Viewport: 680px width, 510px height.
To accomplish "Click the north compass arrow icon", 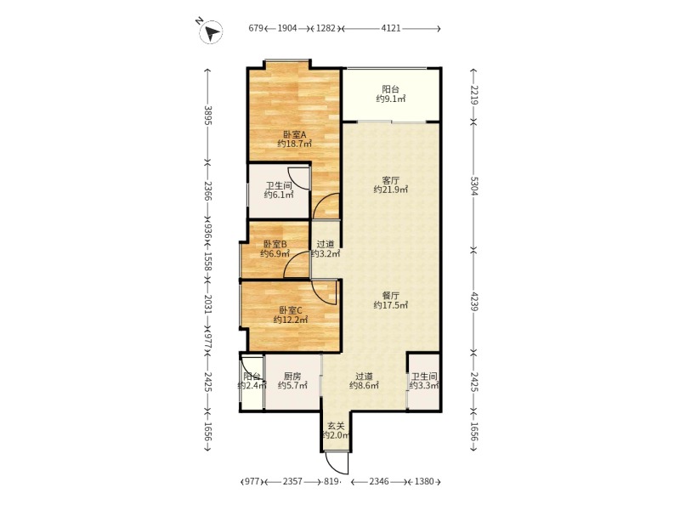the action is pos(211,32).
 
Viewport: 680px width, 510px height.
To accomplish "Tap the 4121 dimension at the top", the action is pos(391,28).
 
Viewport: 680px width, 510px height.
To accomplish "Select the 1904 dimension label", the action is pos(287,28).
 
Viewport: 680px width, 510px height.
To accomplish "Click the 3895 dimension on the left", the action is pos(207,116).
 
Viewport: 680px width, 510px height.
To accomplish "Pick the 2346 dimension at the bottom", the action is pos(379,481).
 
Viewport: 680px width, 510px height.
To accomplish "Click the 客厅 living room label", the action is pos(391,180).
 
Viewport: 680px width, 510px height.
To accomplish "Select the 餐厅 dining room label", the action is pos(391,295).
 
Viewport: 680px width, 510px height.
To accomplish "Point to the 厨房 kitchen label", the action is pos(292,376).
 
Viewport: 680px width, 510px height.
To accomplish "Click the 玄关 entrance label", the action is pos(336,426).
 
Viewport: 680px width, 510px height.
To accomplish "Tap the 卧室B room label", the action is pos(275,244).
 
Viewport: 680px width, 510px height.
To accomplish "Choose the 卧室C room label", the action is pos(290,310).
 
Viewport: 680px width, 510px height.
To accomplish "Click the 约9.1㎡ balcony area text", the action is pos(391,99).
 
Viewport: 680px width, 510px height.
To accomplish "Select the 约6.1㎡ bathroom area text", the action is pos(279,195).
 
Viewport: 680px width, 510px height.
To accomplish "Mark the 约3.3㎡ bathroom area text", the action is pos(424,385).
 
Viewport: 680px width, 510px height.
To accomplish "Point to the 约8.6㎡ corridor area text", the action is pos(365,385).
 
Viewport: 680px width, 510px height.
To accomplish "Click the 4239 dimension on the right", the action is pos(474,301).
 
